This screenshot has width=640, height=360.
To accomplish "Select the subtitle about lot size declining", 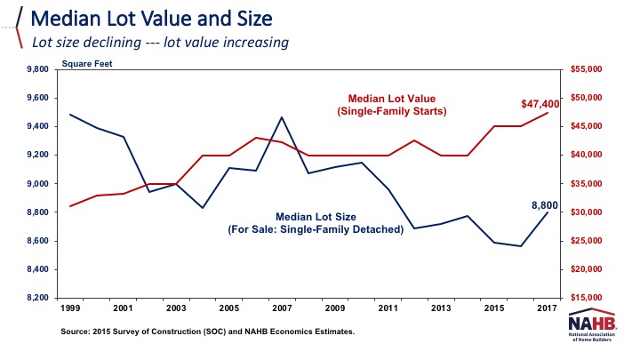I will tap(160, 42).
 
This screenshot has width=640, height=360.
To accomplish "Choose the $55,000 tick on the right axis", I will tap(585, 69).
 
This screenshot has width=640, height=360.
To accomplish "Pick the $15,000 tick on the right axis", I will tap(585, 298).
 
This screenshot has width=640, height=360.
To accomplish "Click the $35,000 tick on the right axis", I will tap(585, 184).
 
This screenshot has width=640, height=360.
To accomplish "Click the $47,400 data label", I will tap(540, 104).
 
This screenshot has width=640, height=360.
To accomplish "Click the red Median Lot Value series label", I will tap(397, 103).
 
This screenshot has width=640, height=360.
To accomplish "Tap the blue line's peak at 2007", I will tap(282, 116).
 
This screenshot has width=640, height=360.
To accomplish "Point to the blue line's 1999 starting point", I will tap(70, 115).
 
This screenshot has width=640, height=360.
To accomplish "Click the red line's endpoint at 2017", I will tap(548, 112).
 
